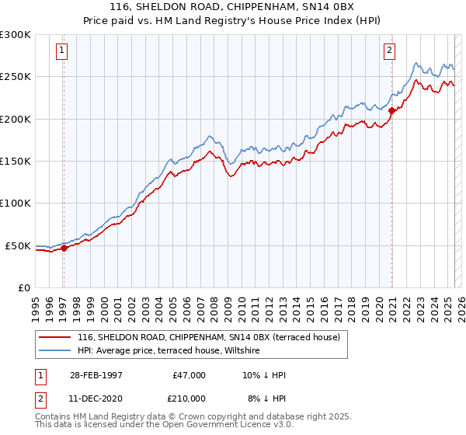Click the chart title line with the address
click(233, 7)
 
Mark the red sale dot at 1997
click(64, 249)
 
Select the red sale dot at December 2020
click(392, 111)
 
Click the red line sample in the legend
click(54, 338)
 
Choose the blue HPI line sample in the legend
click(54, 351)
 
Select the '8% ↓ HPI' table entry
click(266, 398)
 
